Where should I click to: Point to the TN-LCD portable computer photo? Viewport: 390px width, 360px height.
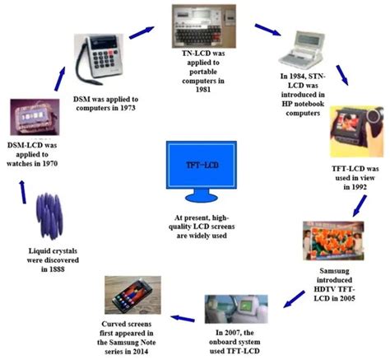[205, 27]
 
